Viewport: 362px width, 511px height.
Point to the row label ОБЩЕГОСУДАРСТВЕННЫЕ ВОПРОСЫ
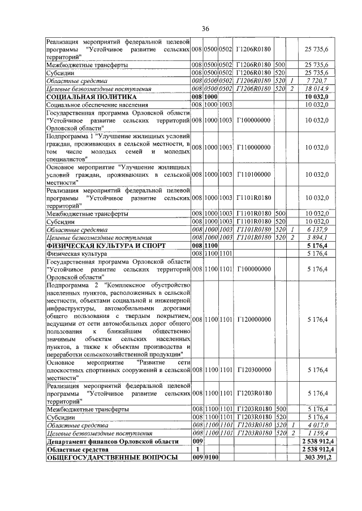(x=104, y=457)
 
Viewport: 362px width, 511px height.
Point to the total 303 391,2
(x=318, y=457)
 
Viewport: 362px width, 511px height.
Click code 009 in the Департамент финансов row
(x=197, y=440)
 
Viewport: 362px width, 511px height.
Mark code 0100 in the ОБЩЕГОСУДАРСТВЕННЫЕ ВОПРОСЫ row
(x=211, y=457)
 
